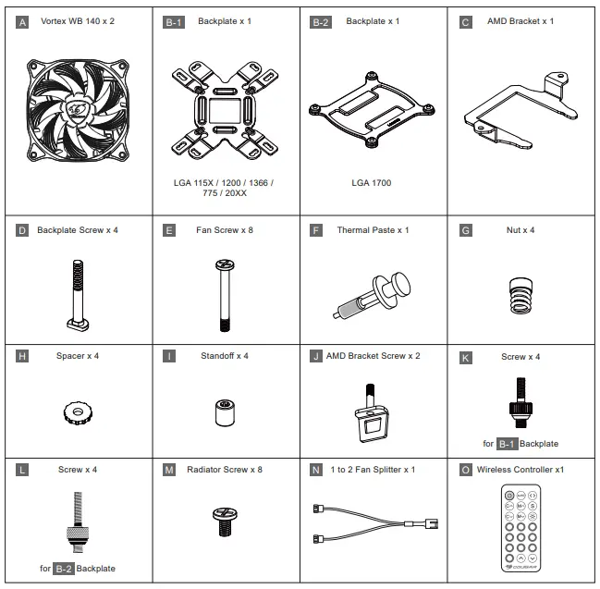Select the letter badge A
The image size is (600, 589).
[x=23, y=21]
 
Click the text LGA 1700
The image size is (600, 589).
[x=371, y=183]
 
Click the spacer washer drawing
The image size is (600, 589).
[x=77, y=411]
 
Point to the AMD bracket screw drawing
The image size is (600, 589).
[x=371, y=412]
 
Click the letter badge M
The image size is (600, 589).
[x=169, y=470]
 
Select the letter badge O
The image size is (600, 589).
[x=465, y=470]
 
